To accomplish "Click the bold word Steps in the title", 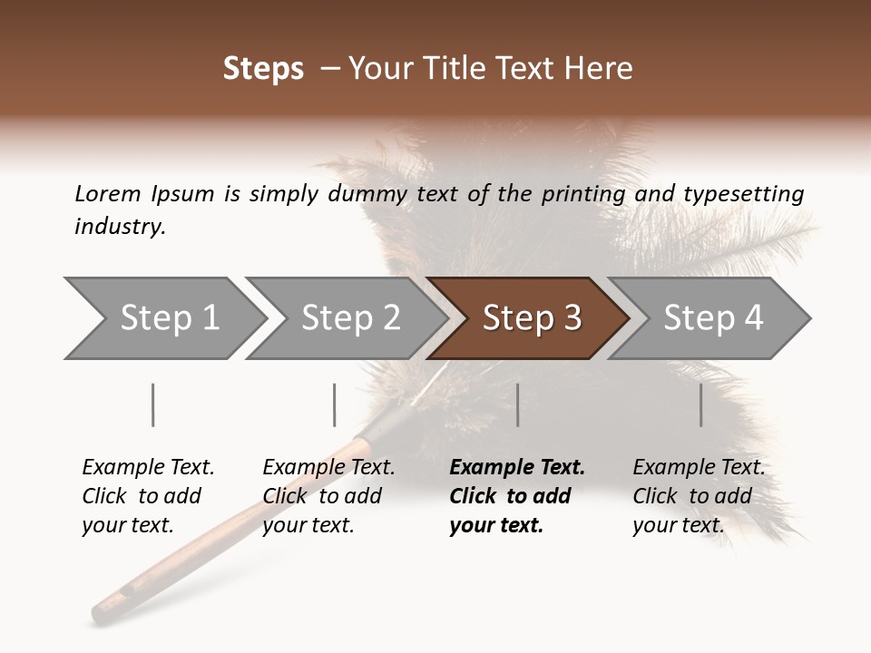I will pyautogui.click(x=263, y=69).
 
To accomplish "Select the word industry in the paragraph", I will pyautogui.click(x=120, y=227).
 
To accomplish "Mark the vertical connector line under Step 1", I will pyautogui.click(x=153, y=404).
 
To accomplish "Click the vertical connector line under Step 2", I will pyautogui.click(x=335, y=404).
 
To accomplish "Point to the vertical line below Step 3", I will pyautogui.click(x=518, y=404).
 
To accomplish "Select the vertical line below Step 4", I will pyautogui.click(x=701, y=404).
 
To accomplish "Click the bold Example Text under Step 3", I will pyautogui.click(x=517, y=468).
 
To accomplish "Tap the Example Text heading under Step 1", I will pyautogui.click(x=148, y=468).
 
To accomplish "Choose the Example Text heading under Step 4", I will pyautogui.click(x=699, y=468).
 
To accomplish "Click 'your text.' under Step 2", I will pyautogui.click(x=308, y=525).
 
